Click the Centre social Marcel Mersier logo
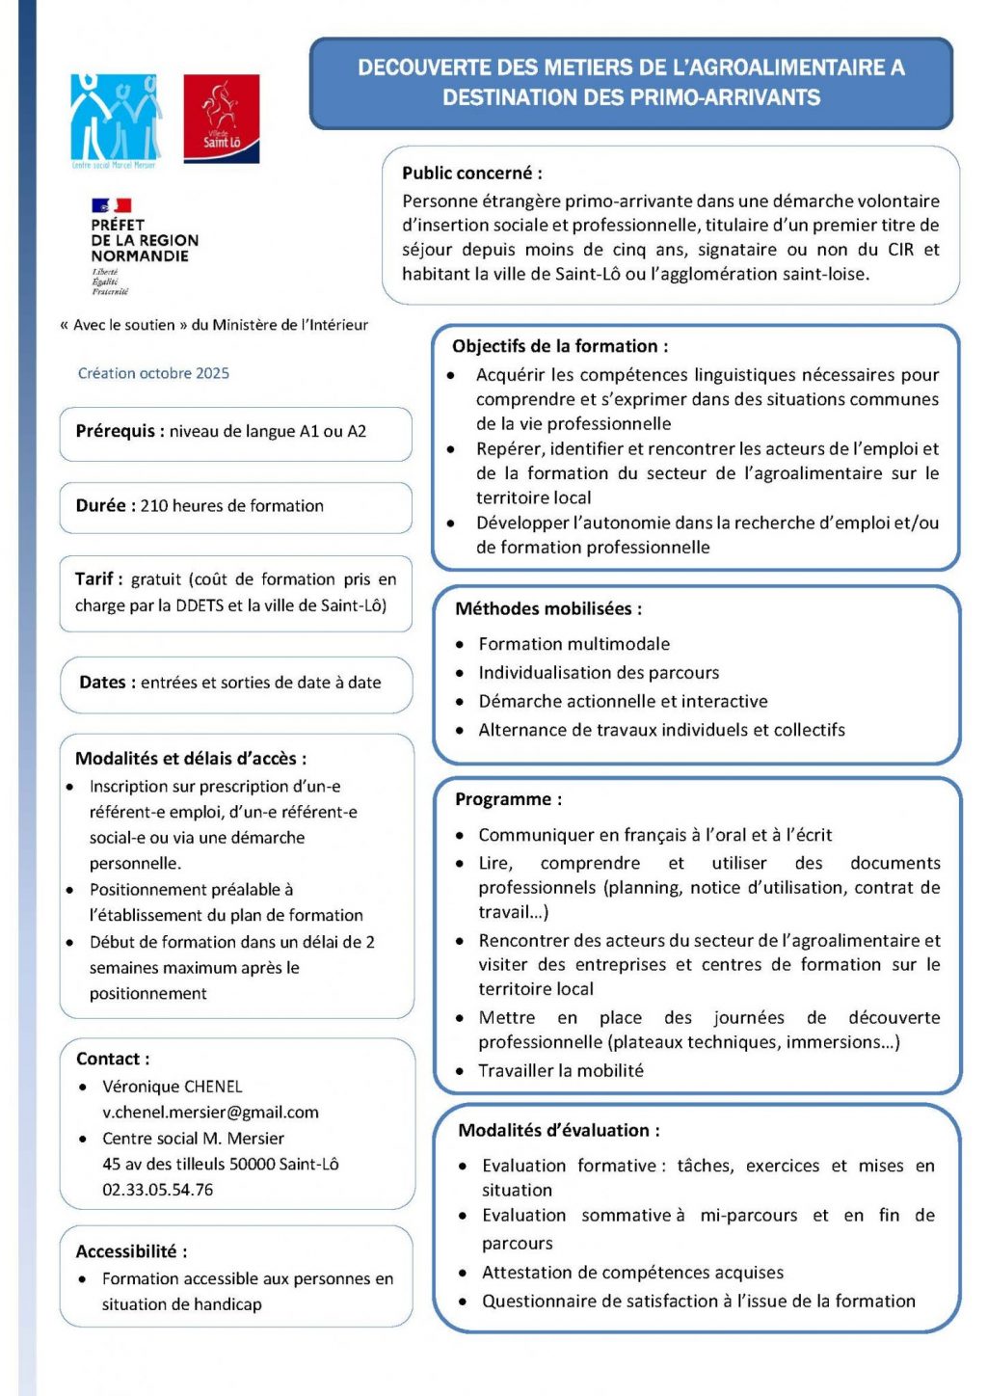tap(116, 120)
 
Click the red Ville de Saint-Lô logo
tap(222, 118)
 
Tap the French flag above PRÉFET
tap(111, 205)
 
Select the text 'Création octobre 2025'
tap(153, 373)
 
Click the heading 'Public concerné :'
tap(471, 174)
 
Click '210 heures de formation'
tap(231, 505)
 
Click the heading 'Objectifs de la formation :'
tap(559, 346)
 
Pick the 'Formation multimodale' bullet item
tap(574, 644)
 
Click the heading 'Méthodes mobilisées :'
tap(547, 608)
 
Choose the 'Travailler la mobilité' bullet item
tap(560, 1070)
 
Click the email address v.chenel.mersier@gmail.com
tap(210, 1112)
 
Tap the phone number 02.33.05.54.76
tap(157, 1190)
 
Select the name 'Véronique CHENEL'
tap(172, 1087)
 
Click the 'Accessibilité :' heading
tap(131, 1251)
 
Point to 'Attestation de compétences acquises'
tap(632, 1273)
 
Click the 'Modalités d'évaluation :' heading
tap(558, 1130)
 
